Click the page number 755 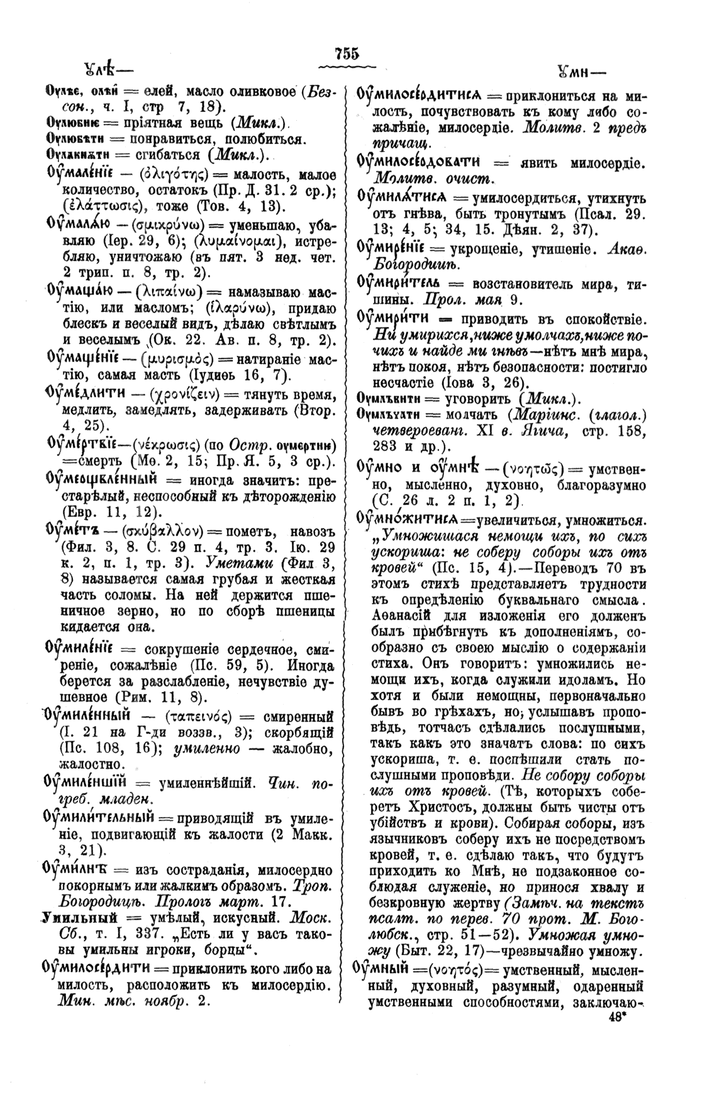(x=346, y=53)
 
